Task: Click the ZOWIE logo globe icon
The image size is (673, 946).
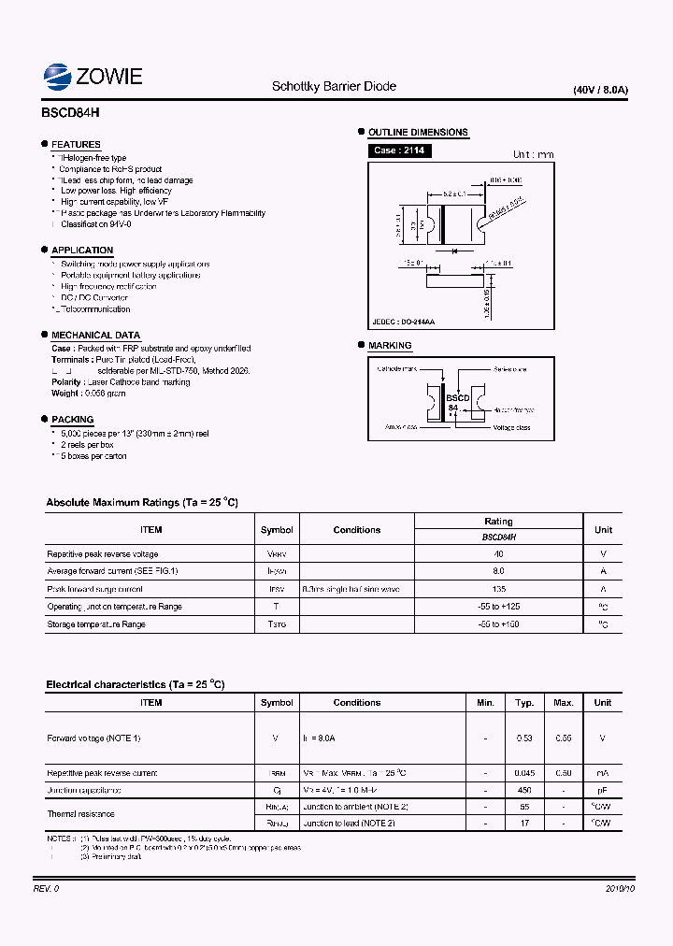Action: coord(59,77)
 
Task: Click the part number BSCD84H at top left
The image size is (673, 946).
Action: coord(70,110)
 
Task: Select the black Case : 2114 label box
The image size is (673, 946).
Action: coord(399,150)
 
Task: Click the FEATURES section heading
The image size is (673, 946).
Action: coord(76,145)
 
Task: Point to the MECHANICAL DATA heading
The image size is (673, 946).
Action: coord(95,335)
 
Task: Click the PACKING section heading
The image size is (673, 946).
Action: coord(72,420)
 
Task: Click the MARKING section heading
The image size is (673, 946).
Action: coord(390,346)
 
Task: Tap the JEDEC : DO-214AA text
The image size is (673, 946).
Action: coord(403,322)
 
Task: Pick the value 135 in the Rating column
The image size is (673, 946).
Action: coord(498,589)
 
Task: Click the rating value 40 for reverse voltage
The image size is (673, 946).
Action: coord(498,554)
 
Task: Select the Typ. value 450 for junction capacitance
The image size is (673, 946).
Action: coord(524,790)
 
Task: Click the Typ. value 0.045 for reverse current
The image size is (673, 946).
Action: coord(524,773)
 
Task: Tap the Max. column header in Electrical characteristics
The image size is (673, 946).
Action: coord(563,702)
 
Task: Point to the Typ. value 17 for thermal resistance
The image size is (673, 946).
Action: coord(524,824)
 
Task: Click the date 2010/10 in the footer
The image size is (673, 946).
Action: coord(620,889)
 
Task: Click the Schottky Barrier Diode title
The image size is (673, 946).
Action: coord(334,87)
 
